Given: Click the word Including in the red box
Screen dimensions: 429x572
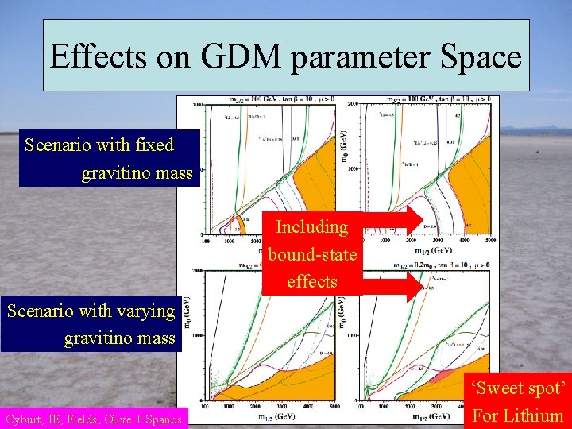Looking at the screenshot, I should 311,227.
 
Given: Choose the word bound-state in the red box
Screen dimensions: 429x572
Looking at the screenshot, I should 312,254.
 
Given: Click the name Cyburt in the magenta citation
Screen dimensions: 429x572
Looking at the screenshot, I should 24,419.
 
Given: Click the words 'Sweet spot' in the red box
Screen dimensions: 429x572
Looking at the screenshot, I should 518,389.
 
